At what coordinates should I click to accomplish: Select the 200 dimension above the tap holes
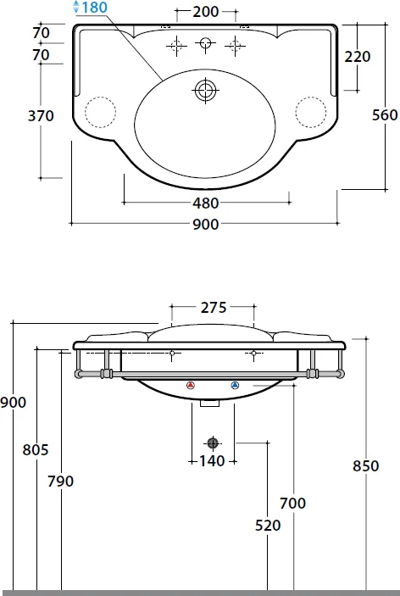tap(206, 12)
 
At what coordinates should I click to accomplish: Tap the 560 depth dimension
tap(385, 116)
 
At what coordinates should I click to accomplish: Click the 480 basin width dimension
tap(206, 203)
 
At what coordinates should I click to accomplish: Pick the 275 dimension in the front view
tap(213, 309)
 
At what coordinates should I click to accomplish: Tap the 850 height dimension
tap(365, 465)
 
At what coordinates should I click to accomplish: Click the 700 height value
tap(292, 504)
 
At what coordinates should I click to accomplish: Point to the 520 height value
tap(267, 526)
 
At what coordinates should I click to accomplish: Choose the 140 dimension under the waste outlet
tap(212, 461)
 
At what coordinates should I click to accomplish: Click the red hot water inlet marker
tap(189, 387)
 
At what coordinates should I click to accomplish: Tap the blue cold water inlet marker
tap(235, 387)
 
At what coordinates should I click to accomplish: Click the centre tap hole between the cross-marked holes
tap(203, 44)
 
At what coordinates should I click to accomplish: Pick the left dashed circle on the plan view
tap(100, 111)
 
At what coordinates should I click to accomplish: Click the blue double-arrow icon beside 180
tap(77, 7)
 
